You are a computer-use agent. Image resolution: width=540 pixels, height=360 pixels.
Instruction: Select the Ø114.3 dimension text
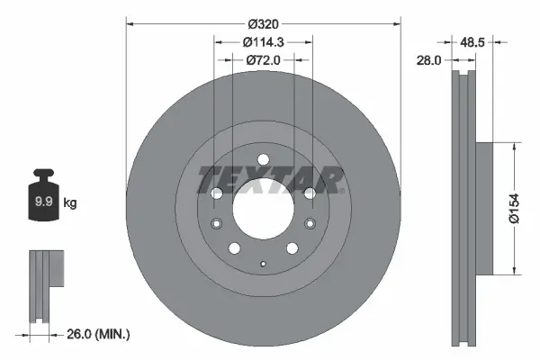(263, 41)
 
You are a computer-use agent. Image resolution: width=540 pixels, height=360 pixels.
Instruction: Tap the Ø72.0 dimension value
(263, 59)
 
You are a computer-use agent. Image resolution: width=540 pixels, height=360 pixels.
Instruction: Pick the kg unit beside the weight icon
(70, 204)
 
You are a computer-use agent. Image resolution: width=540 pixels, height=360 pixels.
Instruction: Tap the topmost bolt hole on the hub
(263, 160)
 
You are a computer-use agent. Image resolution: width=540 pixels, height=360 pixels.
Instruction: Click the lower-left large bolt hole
(234, 248)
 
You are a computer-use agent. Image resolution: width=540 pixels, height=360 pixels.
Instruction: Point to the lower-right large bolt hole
(292, 248)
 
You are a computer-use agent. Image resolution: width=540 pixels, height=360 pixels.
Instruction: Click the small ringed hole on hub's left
(215, 224)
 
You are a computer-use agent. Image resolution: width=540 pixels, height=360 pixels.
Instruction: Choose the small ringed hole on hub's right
(310, 224)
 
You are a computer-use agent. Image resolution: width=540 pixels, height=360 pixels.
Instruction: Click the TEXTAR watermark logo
(270, 178)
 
